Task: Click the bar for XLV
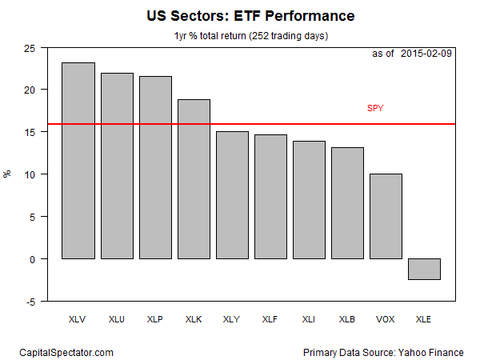78,161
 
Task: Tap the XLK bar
194,179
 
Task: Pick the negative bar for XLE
424,269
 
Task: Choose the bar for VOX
386,216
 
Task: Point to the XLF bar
270,197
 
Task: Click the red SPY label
375,108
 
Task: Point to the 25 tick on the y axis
30,47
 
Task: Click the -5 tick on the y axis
31,302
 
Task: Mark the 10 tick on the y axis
30,174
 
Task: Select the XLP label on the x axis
155,318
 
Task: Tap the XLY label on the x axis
232,318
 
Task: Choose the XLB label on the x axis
347,318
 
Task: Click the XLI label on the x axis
309,318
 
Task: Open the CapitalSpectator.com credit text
66,352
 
